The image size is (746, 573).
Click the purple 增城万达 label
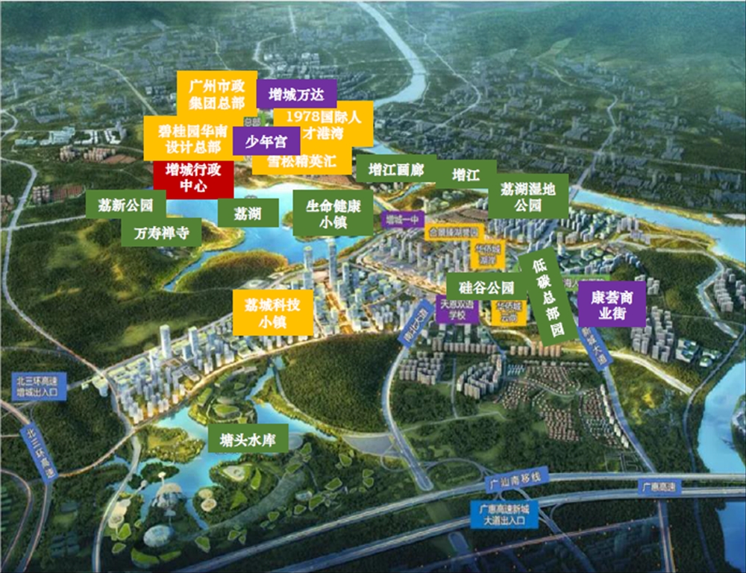[x=296, y=94]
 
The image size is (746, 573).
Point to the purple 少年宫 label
[x=266, y=140]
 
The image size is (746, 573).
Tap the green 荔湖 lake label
[x=248, y=213]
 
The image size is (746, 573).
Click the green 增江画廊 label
[x=395, y=169]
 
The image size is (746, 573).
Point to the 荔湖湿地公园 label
[x=528, y=196]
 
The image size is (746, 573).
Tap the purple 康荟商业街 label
[x=612, y=304]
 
